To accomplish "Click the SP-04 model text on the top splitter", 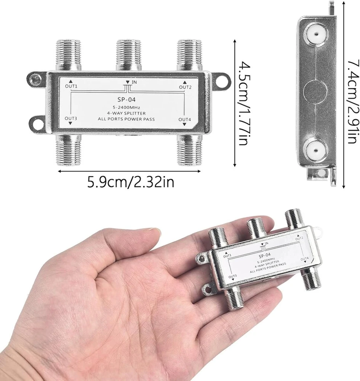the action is pyautogui.click(x=126, y=99).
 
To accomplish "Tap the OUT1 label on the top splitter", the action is pyautogui.click(x=71, y=86).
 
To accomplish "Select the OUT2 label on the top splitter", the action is pyautogui.click(x=185, y=87).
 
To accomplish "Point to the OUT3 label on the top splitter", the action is pyautogui.click(x=71, y=118).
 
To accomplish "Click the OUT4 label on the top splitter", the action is pyautogui.click(x=185, y=119).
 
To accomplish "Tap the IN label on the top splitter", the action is pyautogui.click(x=134, y=82).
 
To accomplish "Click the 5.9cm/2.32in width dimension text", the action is pyautogui.click(x=131, y=182).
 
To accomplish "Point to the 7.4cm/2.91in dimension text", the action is pyautogui.click(x=354, y=102).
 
